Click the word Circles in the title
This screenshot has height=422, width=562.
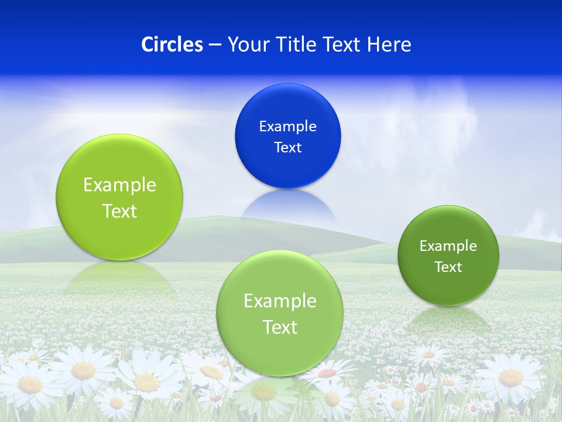172,45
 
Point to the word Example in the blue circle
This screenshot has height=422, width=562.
287,126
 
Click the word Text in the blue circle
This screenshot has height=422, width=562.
287,147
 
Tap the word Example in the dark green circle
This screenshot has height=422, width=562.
448,246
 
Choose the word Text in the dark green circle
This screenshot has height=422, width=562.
448,267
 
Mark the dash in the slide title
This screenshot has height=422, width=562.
215,45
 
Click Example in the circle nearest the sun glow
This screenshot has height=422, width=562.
119,185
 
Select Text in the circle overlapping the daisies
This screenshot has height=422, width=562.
280,326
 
